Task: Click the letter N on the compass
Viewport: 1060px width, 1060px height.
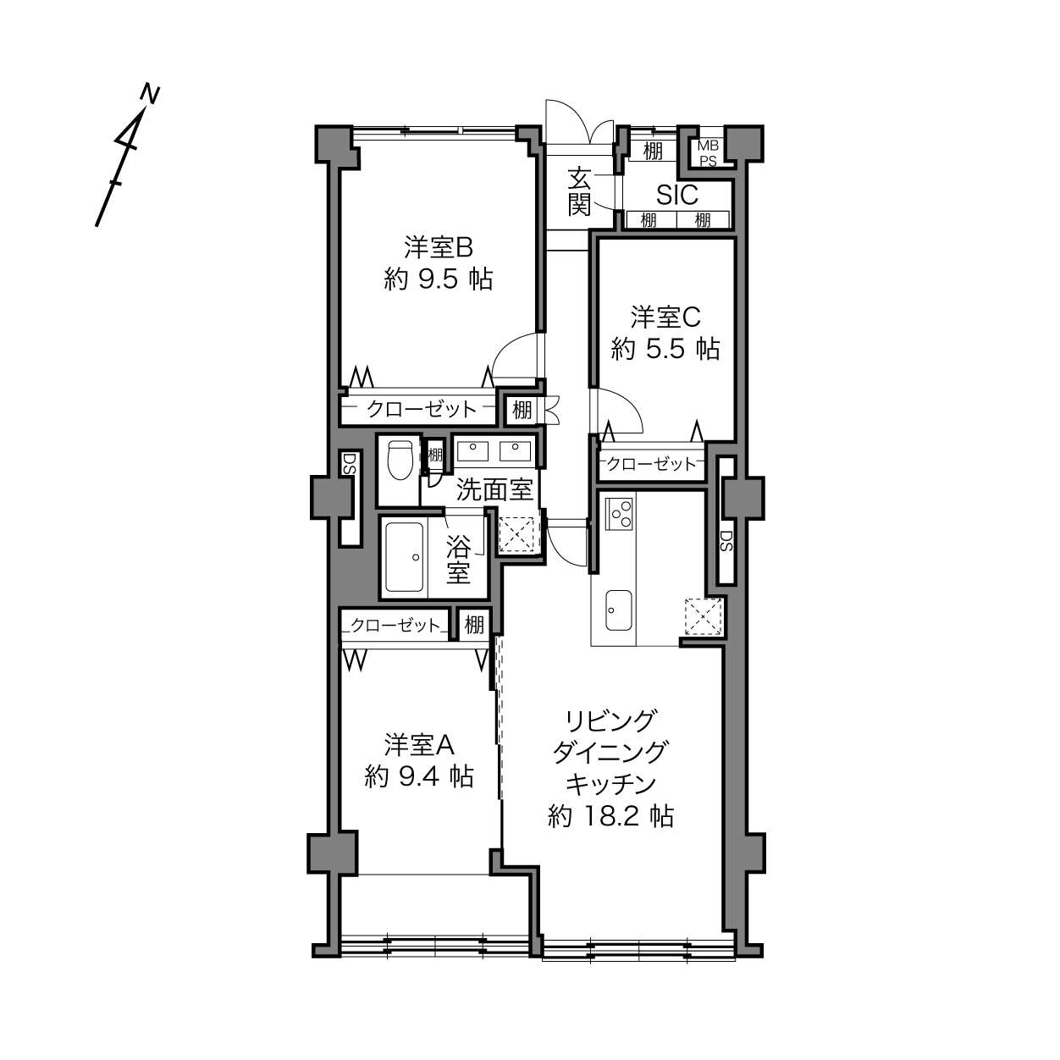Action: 150,93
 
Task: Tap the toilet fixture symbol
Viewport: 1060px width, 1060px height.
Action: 400,460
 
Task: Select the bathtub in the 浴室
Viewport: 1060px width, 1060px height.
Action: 405,556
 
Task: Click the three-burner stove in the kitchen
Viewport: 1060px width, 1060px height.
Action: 620,513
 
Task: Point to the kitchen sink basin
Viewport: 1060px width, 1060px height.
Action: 619,610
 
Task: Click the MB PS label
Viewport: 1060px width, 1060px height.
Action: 708,153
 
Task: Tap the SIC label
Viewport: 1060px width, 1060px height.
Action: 677,194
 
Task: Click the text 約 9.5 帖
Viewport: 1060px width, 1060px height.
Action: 438,279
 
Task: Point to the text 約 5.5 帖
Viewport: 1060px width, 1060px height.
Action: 665,349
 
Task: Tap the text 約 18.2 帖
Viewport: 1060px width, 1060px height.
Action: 610,831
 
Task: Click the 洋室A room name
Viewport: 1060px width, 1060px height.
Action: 419,745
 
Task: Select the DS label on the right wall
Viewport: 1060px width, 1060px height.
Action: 726,541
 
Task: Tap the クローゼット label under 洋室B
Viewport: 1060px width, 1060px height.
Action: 422,409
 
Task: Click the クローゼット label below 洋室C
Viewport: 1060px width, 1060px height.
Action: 652,464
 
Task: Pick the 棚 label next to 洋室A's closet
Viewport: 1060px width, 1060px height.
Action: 474,625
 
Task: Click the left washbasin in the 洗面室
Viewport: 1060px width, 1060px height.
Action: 472,451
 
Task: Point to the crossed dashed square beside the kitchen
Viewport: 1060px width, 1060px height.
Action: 703,616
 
